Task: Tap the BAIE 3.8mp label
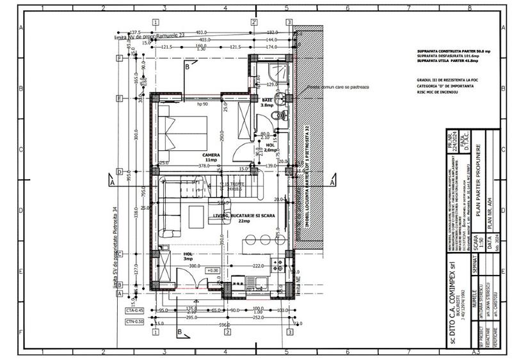[x=267, y=103]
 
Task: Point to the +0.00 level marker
[x=212, y=271]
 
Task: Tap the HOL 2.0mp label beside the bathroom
[x=271, y=148]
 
